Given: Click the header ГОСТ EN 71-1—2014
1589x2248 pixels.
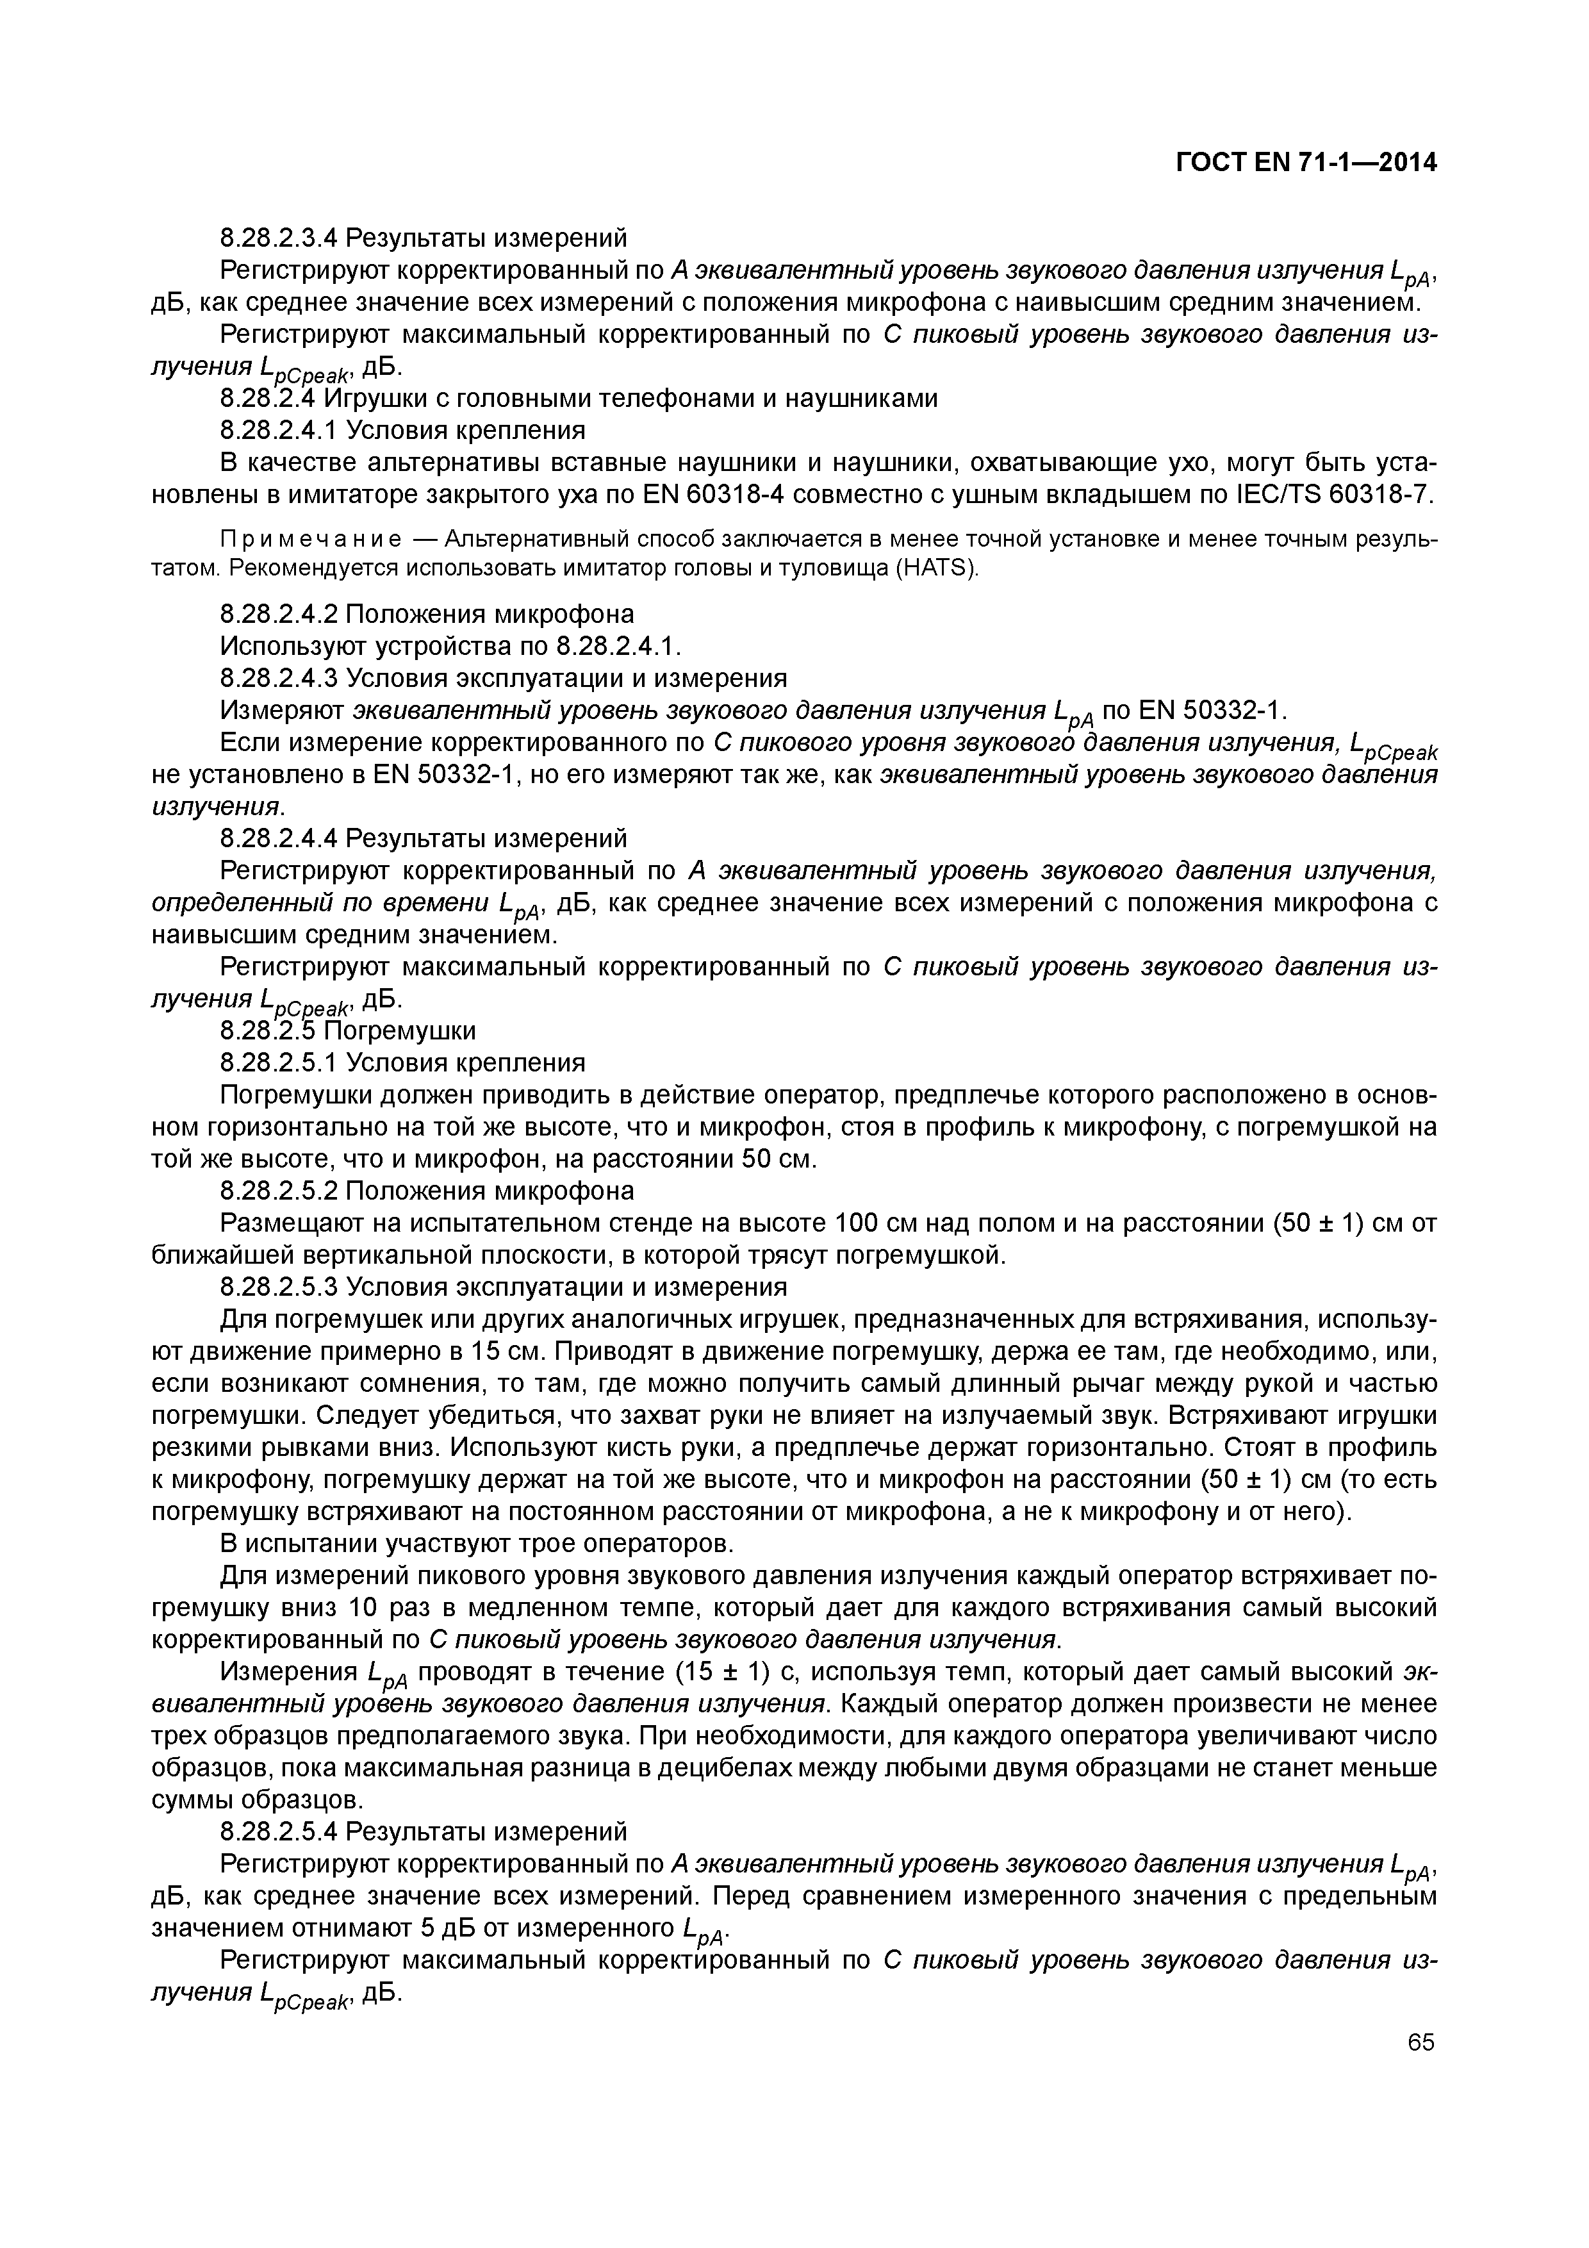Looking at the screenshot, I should click(x=1305, y=163).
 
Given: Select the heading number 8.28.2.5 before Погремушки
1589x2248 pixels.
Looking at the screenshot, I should click(x=268, y=1031).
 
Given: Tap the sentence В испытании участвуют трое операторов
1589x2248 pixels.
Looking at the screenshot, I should click(x=477, y=1544).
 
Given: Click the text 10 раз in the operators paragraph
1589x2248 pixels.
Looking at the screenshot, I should click(x=406, y=1608).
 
